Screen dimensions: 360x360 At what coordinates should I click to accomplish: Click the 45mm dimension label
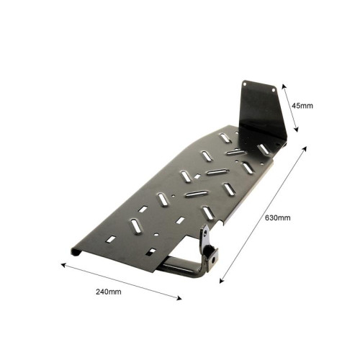(x=302, y=106)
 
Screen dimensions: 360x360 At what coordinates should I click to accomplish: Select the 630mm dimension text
(x=278, y=217)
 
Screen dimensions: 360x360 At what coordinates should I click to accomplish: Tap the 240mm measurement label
(x=109, y=292)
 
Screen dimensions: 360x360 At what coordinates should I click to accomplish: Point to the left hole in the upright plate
(x=245, y=84)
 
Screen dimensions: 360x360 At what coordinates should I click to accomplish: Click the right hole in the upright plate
(x=274, y=90)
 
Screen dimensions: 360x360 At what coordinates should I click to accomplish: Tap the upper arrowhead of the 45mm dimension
(x=283, y=86)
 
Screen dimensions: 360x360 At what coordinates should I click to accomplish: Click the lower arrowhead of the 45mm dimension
(x=297, y=130)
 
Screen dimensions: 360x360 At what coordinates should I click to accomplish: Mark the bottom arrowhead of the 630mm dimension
(x=222, y=281)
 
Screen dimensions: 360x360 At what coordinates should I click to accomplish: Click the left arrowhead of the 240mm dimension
(x=63, y=265)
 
